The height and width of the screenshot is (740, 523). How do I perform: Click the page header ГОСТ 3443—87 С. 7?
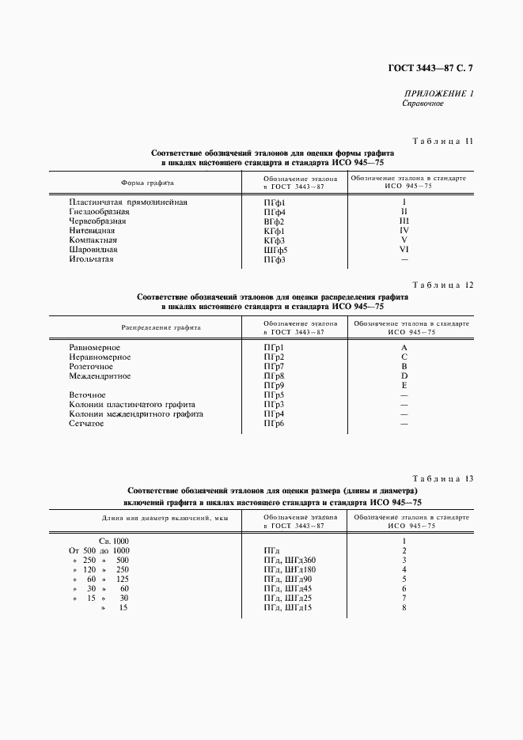click(430, 68)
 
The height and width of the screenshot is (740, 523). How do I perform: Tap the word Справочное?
click(423, 104)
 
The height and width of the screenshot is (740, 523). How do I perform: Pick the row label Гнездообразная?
click(98, 212)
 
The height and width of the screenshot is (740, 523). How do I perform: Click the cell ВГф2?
click(274, 221)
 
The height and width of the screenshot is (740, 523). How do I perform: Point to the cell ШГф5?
click(275, 250)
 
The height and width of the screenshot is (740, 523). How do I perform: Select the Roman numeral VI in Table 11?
click(404, 250)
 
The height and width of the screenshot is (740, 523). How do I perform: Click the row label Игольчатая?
click(92, 259)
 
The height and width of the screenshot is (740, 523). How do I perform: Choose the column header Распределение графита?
click(161, 327)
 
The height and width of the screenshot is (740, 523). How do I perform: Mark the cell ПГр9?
click(273, 385)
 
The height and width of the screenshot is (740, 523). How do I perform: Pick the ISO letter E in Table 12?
click(404, 385)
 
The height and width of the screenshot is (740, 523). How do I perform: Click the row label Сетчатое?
click(87, 424)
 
